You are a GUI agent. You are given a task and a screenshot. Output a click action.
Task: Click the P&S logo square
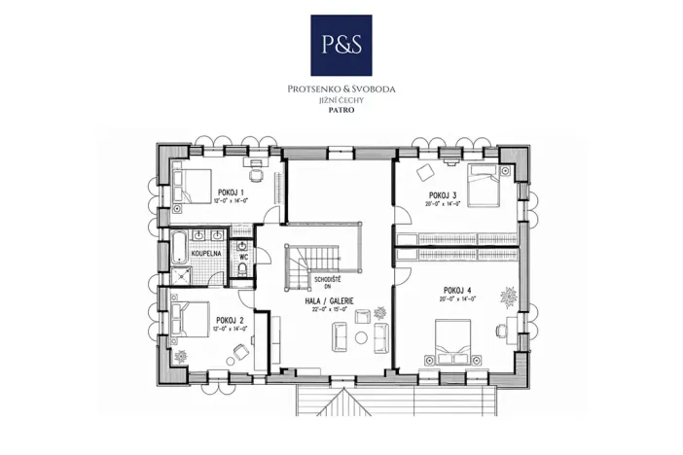point(341,45)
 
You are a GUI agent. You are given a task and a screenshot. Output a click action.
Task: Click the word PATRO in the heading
point(341,110)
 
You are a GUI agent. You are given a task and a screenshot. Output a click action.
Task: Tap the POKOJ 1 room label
point(231,192)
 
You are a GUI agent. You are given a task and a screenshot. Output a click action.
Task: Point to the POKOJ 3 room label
point(442,194)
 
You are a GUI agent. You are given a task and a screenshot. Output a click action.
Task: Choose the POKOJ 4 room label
point(456,290)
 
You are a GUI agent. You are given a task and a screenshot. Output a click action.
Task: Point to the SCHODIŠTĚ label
point(328,280)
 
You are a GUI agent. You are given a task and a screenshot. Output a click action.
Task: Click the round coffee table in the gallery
point(363,314)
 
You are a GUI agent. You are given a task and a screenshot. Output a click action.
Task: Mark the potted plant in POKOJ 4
point(509,294)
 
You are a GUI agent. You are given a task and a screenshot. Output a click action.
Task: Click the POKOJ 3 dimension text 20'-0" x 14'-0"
point(442,204)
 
